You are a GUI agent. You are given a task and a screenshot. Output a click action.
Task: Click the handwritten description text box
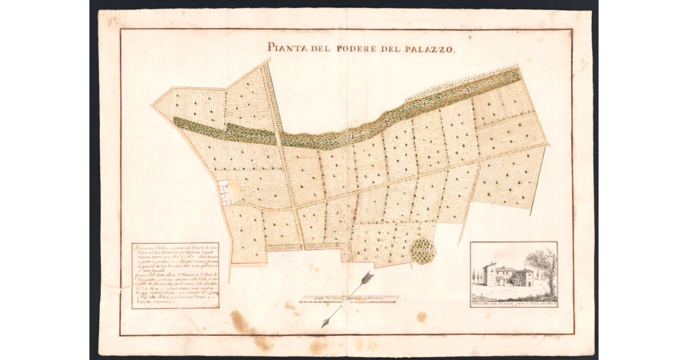tap(175, 275)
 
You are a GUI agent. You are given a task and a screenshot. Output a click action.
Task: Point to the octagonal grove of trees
tap(424, 251)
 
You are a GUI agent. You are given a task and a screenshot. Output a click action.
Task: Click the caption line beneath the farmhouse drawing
tap(513, 303)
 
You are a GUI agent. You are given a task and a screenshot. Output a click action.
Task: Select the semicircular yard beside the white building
tap(239, 192)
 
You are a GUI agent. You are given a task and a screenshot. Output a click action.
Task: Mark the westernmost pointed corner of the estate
tap(152, 105)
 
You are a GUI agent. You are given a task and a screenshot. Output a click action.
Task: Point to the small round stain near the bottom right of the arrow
tap(421, 316)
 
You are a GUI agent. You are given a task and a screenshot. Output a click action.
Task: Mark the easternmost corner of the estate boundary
tap(549, 144)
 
